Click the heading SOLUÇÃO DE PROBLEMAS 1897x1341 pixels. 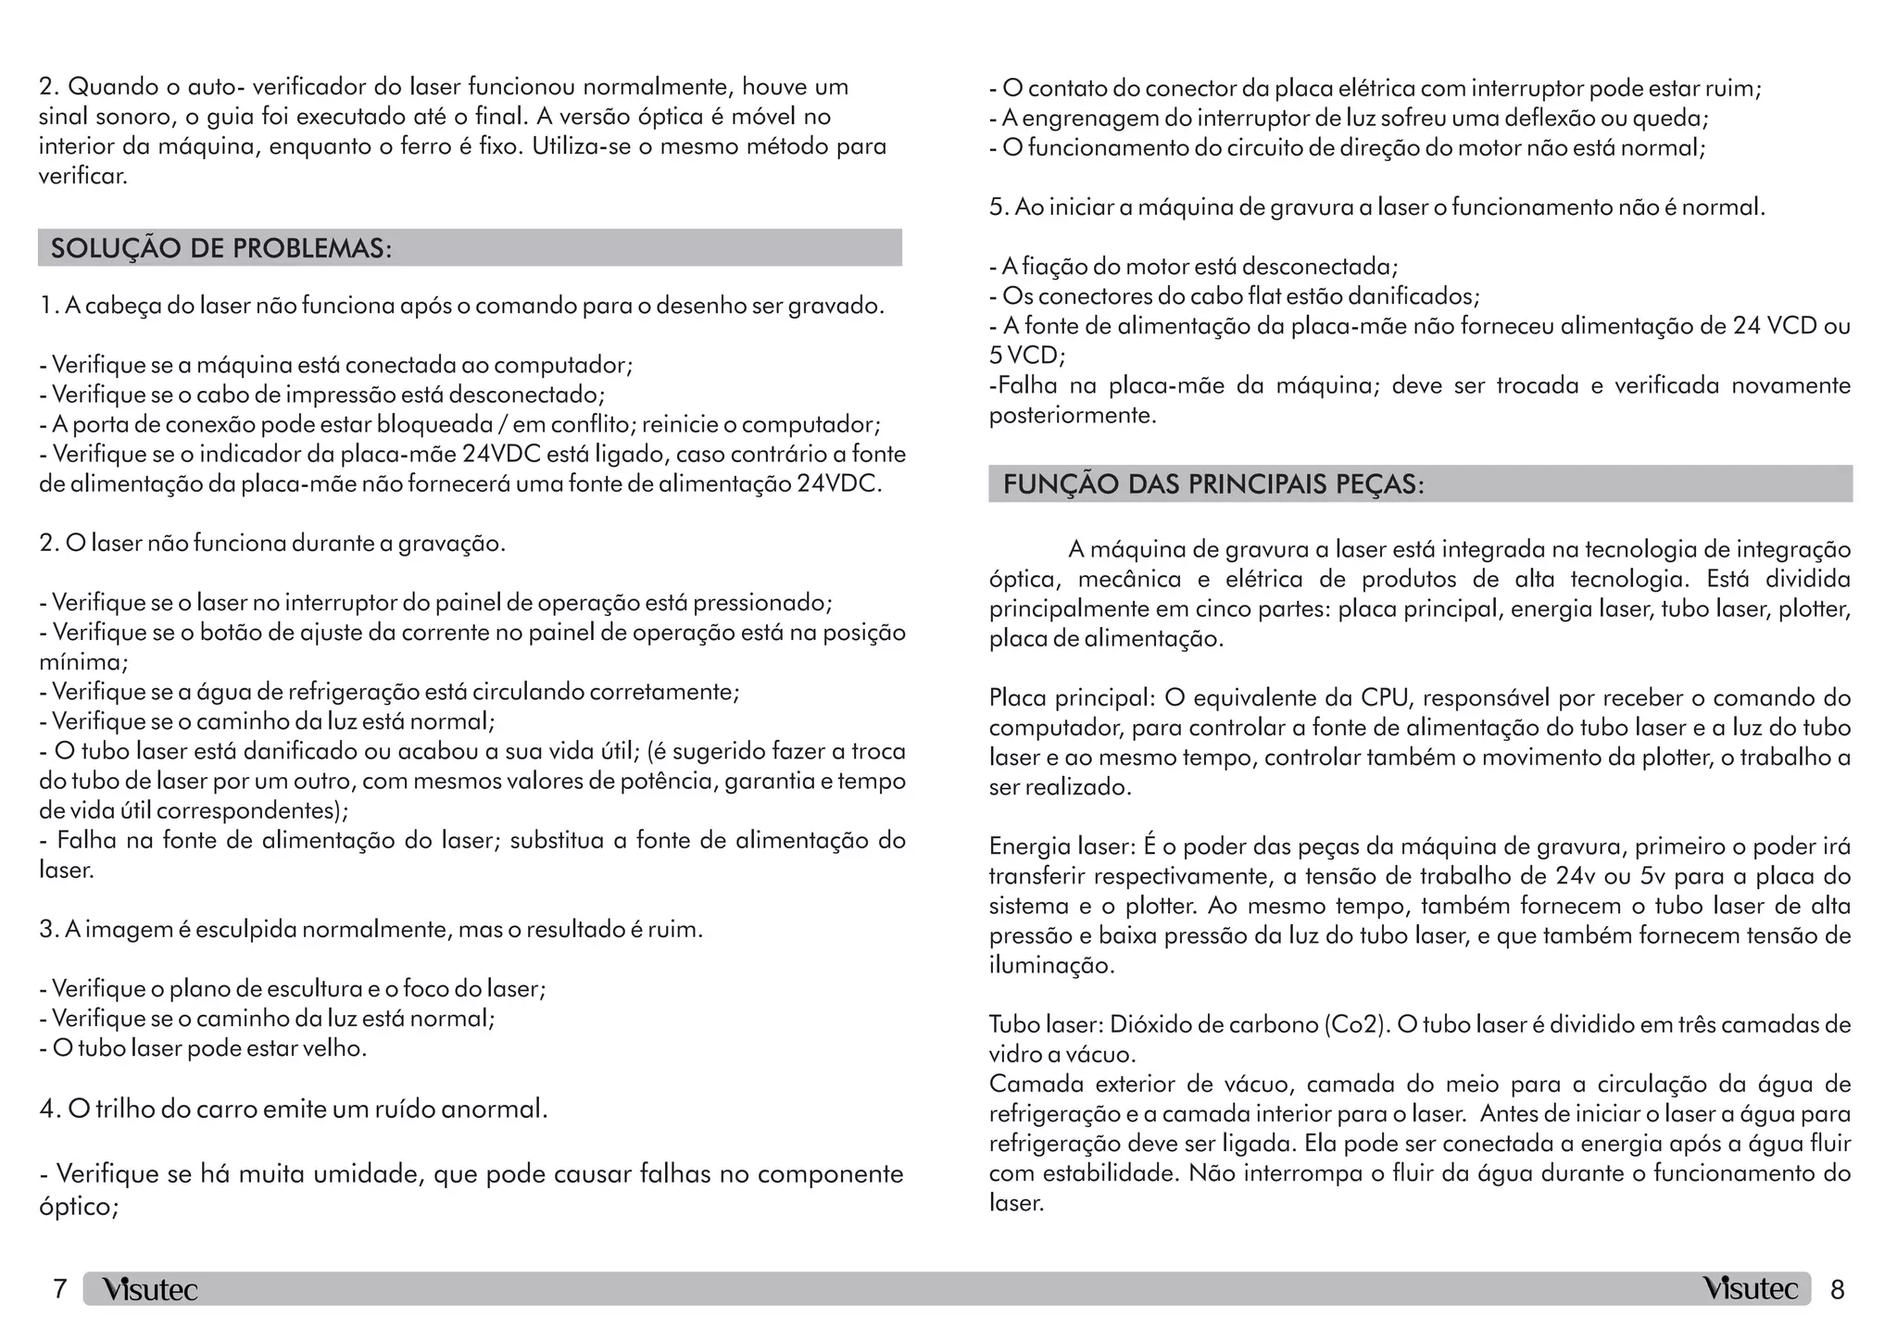point(221,249)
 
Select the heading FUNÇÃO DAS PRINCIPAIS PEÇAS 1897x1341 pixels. point(1213,484)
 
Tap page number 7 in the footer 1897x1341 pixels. point(59,1289)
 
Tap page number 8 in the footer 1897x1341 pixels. point(1838,1289)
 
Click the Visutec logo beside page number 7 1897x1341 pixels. point(150,1289)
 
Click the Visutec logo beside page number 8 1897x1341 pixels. point(1750,1288)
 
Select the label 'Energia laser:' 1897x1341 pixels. point(1062,846)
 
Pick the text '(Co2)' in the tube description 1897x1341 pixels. point(1356,1025)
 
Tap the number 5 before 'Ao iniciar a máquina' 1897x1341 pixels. point(998,207)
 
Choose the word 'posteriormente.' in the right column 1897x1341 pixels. point(1073,416)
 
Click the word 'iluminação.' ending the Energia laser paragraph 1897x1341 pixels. point(1051,966)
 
